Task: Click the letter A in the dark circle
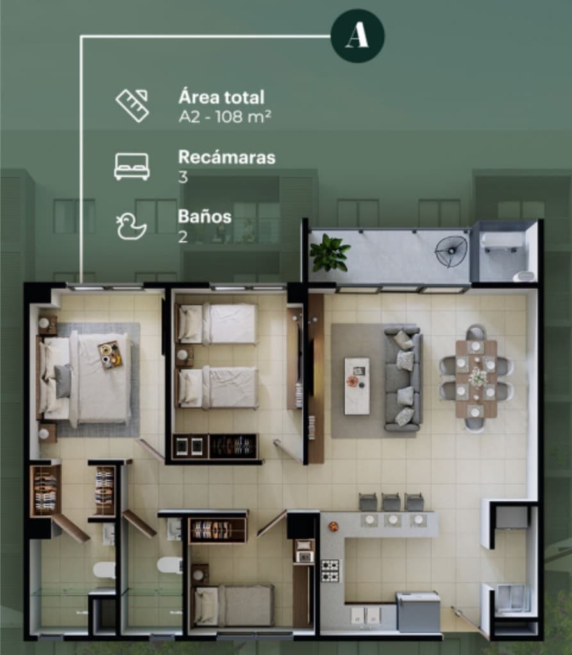(x=357, y=35)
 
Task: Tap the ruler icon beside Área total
(x=133, y=105)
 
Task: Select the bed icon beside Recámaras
(x=132, y=166)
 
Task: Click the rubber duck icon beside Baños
(x=131, y=226)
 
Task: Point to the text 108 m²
(x=243, y=117)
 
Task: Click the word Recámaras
(x=227, y=157)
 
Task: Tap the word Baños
(x=205, y=216)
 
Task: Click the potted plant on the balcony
(x=329, y=253)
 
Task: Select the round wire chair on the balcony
(x=451, y=252)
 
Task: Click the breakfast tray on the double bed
(x=111, y=355)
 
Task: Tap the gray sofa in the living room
(x=402, y=379)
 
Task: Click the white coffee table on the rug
(x=357, y=385)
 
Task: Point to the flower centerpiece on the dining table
(x=477, y=376)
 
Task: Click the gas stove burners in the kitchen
(x=330, y=571)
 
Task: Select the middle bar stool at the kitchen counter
(x=391, y=502)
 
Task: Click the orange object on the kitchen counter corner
(x=333, y=526)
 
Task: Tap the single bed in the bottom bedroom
(x=234, y=605)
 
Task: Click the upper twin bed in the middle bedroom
(x=217, y=324)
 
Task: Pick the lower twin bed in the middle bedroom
(x=217, y=387)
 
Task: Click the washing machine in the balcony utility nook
(x=502, y=242)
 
